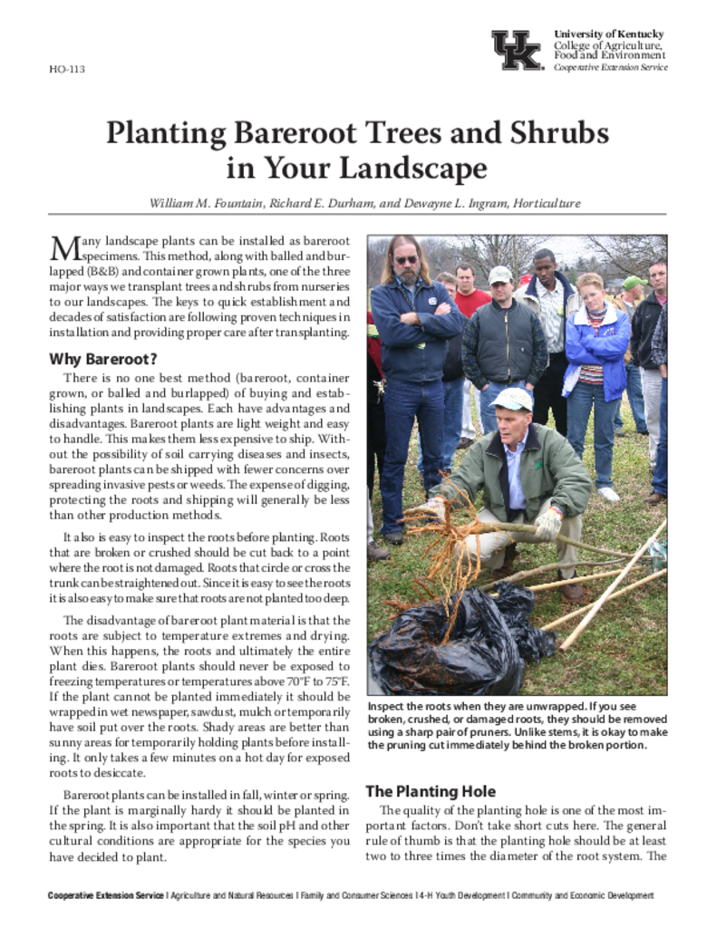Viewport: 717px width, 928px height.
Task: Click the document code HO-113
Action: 67,69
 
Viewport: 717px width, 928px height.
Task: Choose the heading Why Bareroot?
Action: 103,358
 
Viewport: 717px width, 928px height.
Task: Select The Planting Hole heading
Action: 430,790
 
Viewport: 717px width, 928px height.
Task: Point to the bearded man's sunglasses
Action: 406,259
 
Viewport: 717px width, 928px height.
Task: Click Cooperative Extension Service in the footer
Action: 106,895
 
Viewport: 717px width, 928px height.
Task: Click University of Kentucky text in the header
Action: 609,34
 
